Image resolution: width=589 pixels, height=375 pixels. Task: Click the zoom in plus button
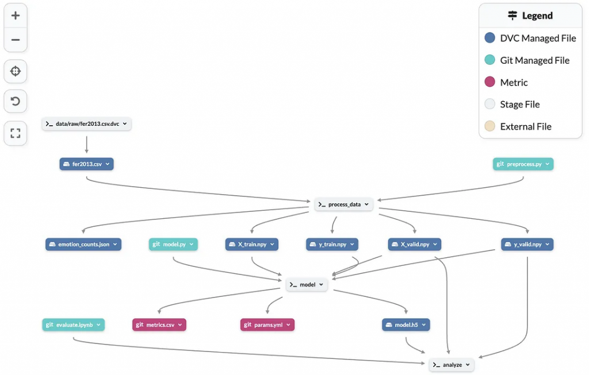(x=16, y=16)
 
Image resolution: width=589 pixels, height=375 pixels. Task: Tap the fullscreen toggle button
(x=16, y=133)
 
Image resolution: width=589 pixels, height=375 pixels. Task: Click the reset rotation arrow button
(x=16, y=101)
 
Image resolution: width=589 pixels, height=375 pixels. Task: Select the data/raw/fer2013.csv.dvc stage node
(x=86, y=123)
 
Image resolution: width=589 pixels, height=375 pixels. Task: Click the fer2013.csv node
(x=86, y=164)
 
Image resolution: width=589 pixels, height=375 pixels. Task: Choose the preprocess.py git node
(x=523, y=164)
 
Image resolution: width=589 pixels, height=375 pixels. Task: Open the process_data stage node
(x=344, y=204)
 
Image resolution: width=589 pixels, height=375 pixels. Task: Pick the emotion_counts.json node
(x=83, y=244)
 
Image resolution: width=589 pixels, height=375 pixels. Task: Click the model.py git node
(x=173, y=244)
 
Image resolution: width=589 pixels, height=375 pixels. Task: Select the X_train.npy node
(x=252, y=244)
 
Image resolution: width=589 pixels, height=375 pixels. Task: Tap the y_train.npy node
(x=332, y=244)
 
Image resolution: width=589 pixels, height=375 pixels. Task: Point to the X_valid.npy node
(x=415, y=244)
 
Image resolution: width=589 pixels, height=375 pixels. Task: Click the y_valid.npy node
(x=527, y=244)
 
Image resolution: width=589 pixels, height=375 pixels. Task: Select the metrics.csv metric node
(x=159, y=324)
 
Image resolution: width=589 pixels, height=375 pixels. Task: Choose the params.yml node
(x=267, y=324)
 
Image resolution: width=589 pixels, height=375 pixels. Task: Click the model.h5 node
(x=406, y=324)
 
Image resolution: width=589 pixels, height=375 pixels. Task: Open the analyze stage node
(x=452, y=365)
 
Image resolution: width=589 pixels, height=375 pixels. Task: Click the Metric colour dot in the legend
(x=490, y=82)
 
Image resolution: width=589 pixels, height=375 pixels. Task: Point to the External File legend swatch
(x=490, y=126)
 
